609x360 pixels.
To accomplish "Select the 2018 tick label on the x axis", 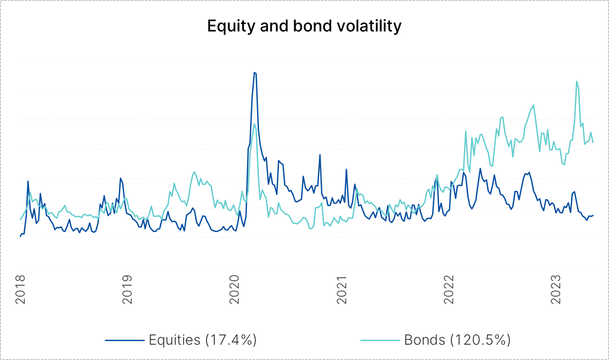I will pos(20,290).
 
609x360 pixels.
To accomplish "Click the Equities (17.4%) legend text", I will pos(203,340).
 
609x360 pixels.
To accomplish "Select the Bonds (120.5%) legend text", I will pos(457,340).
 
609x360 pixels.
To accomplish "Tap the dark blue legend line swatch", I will pos(125,340).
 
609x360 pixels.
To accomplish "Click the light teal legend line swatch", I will pos(380,340).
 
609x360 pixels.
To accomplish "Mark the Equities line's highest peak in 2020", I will pos(255,73).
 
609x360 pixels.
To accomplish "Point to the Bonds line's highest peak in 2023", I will pos(576,81).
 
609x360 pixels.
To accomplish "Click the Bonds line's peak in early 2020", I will pos(255,124).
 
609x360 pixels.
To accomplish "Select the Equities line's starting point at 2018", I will pos(20,237).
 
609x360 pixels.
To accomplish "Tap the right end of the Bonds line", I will pos(593,142).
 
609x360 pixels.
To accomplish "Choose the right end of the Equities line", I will pos(593,215).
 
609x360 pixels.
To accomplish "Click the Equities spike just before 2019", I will pos(120,178).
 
